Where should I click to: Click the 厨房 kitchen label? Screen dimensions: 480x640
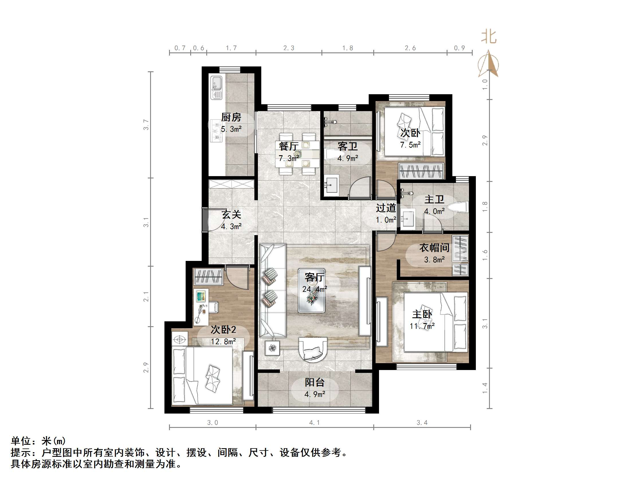coord(231,117)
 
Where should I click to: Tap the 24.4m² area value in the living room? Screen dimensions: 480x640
coord(315,289)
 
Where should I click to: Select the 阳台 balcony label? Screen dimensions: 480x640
coord(315,382)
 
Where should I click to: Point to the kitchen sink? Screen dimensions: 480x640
coord(216,87)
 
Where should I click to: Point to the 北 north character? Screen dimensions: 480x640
coord(489,37)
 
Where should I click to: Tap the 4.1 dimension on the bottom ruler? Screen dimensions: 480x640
coord(315,423)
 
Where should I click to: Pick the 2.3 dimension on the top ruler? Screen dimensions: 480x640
coord(288,48)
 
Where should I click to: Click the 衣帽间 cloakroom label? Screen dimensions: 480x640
coord(434,248)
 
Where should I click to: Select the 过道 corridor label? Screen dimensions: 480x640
coord(386,208)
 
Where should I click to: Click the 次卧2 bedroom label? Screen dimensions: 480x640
coord(223,330)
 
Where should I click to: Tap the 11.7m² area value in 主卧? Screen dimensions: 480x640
coord(422,326)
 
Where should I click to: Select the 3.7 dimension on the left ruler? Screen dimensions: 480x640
coord(146,125)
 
